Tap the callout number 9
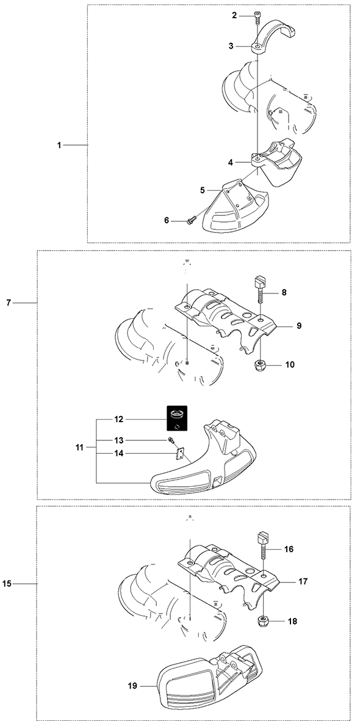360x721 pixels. click(299, 325)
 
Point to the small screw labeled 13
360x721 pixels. click(171, 440)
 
